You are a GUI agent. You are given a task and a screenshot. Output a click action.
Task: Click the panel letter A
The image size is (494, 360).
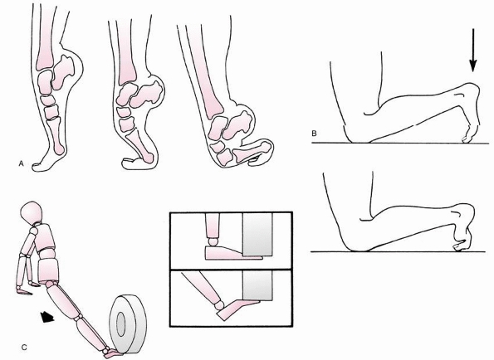point(21,163)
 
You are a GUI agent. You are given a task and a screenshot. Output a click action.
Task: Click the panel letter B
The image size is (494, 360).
point(314,133)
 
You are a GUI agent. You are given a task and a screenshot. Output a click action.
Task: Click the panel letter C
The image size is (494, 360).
point(24,348)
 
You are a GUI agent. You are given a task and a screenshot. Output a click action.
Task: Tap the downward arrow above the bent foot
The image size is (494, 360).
point(472,51)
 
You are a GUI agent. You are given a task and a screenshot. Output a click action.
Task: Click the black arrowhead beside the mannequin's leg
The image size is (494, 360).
point(47,317)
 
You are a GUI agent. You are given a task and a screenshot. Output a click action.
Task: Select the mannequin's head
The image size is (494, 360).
point(32,212)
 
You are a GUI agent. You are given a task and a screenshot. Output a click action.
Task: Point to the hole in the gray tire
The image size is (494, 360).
point(120,324)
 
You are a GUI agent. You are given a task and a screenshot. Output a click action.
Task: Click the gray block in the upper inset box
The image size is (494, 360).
point(257,234)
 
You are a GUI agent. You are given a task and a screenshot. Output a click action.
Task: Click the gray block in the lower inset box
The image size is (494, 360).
point(257,285)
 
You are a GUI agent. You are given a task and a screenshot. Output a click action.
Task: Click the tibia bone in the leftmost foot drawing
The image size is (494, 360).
point(46,36)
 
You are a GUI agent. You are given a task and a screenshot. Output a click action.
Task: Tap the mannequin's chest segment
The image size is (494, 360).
point(43,238)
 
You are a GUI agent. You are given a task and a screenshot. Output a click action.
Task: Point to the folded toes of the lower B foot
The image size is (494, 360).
point(462,246)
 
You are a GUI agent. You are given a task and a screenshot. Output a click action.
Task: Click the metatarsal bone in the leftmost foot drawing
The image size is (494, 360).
point(57,136)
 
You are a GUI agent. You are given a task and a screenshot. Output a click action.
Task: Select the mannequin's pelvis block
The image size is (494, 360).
point(48,271)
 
